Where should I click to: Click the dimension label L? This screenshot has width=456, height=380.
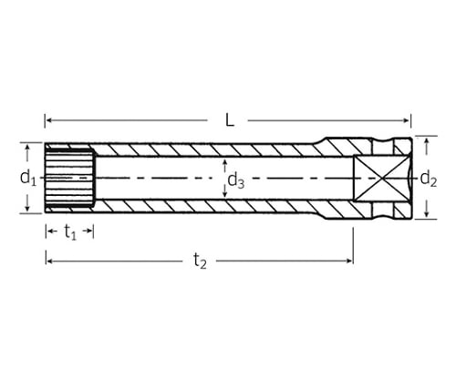(x=230, y=120)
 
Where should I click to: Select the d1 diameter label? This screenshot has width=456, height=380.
(x=28, y=178)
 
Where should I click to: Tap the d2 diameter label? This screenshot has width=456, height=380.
(x=429, y=179)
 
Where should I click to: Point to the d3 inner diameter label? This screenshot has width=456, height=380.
(x=236, y=181)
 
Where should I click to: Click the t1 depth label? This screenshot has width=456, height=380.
(x=70, y=232)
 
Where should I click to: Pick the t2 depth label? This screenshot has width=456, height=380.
(x=201, y=262)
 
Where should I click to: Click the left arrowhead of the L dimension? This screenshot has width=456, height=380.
(x=48, y=120)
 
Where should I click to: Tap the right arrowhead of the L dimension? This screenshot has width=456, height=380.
(x=407, y=120)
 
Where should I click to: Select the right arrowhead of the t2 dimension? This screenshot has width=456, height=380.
(x=349, y=261)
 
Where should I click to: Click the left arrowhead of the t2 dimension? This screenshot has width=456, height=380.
(x=49, y=261)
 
